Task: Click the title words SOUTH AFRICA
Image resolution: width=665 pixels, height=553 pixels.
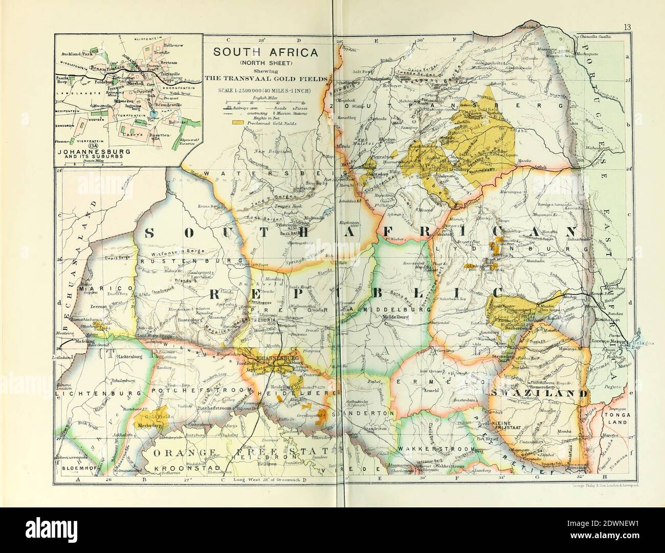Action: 265,52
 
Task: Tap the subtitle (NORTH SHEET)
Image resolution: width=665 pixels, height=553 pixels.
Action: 265,62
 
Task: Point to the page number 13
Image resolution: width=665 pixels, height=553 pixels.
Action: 628,41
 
